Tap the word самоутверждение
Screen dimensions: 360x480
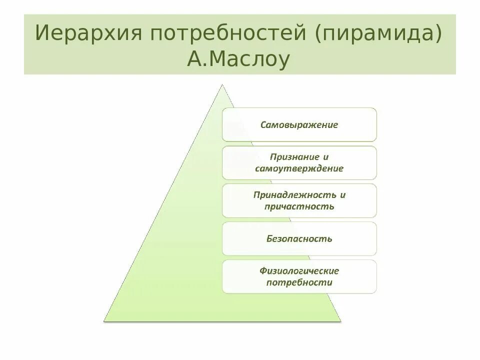tap(299, 168)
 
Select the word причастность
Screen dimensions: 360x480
tap(299, 206)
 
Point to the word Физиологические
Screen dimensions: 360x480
tap(299, 271)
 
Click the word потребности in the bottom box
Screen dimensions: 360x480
tap(299, 282)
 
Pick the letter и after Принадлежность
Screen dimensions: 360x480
tap(342, 195)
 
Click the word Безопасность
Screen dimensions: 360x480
tap(299, 238)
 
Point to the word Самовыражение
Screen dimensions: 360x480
tap(299, 124)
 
